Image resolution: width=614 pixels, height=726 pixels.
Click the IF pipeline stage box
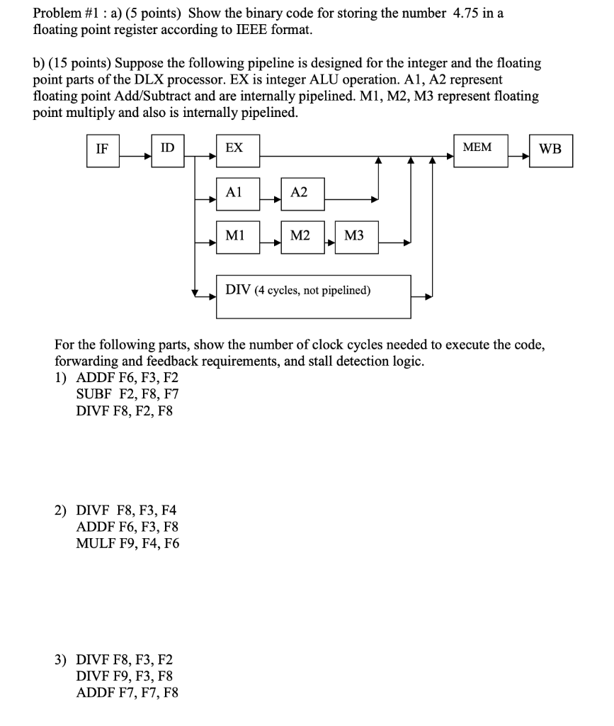103,151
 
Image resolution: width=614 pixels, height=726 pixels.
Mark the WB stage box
550,151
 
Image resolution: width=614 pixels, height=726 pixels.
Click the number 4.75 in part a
467,13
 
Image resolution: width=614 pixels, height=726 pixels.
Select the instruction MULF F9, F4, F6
127,544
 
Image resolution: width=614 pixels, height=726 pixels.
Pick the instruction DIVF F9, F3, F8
124,677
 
